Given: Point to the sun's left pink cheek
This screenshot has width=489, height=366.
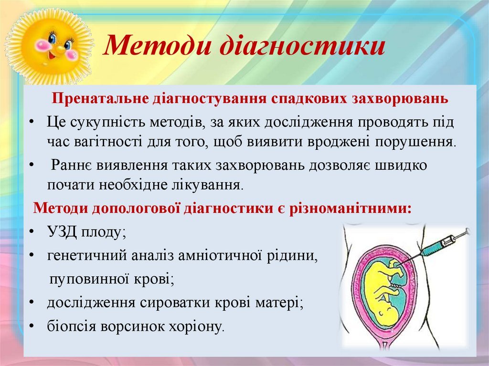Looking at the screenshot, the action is click(41, 45).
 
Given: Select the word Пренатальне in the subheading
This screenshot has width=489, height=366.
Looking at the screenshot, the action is click(100, 98).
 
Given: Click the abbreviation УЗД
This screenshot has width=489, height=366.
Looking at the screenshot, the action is click(62, 232).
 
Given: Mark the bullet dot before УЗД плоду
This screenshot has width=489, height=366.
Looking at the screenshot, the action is click(32, 232).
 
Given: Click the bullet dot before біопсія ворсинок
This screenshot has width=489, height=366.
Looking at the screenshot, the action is click(32, 326).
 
